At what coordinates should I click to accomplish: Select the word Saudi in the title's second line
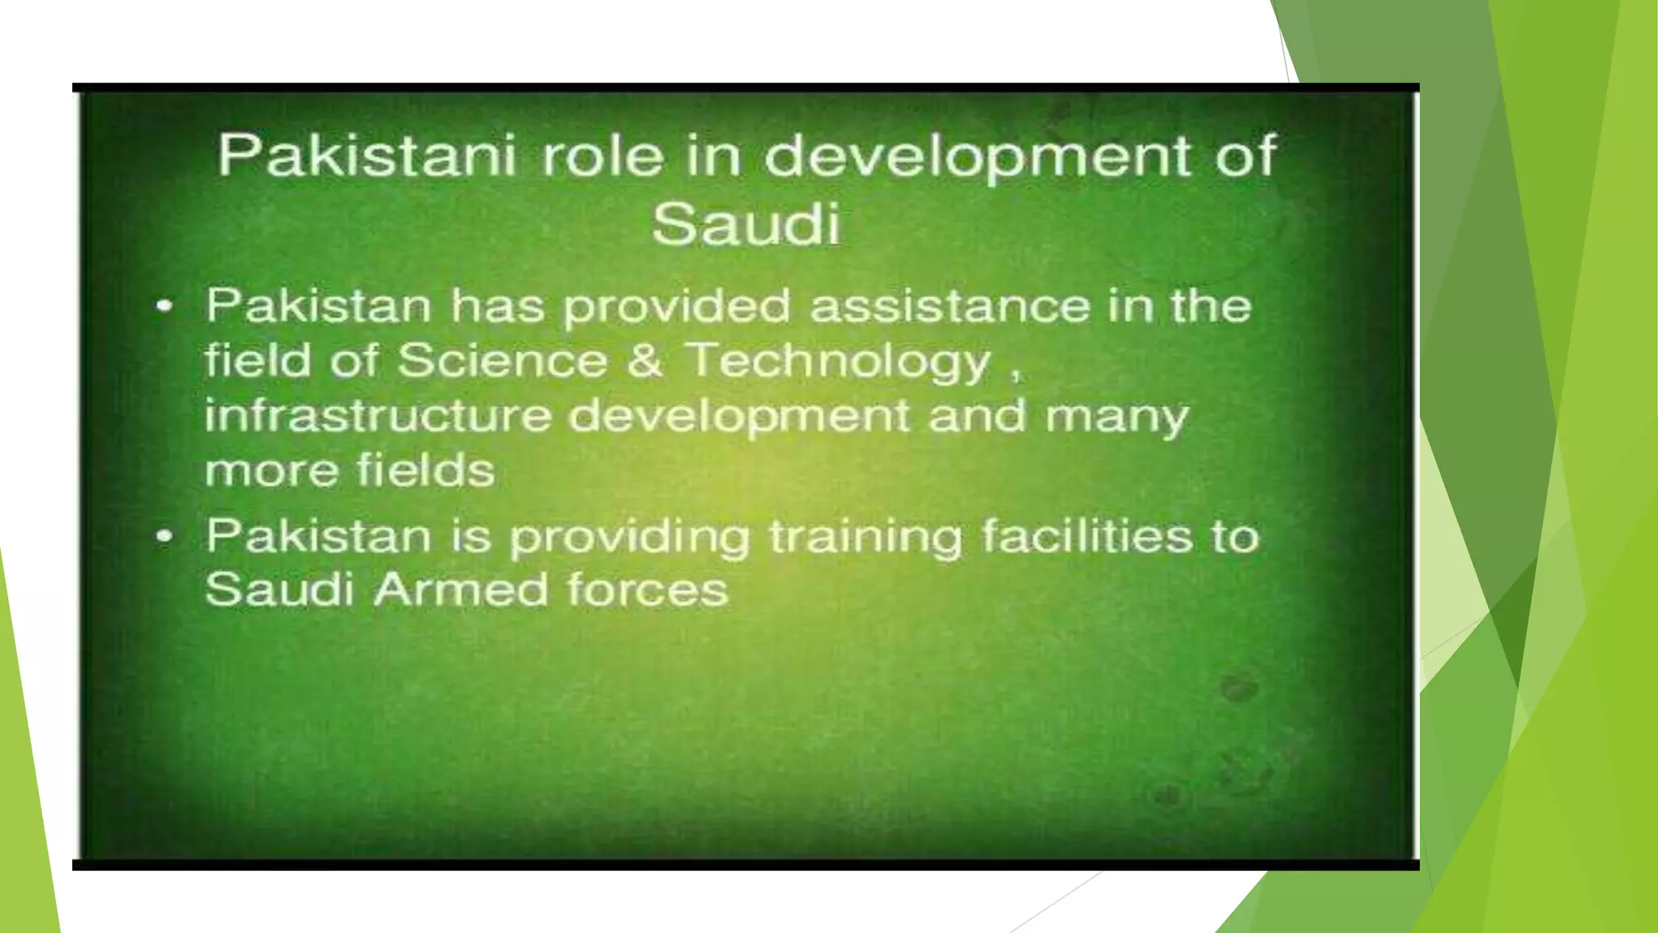(746, 224)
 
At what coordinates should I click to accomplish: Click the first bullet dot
(164, 307)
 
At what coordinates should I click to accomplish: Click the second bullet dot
(164, 536)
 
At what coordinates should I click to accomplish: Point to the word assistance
(950, 306)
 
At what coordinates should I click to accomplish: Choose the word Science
(502, 360)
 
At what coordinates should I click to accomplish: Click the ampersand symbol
(645, 360)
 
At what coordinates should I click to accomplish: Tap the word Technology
(839, 362)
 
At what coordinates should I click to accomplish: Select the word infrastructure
(378, 415)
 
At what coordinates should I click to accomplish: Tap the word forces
(648, 590)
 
